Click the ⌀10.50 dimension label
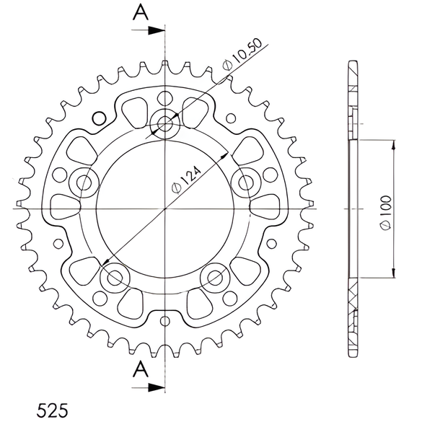tap(242, 54)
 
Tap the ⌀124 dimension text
tap(187, 180)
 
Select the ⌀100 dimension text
tap(386, 213)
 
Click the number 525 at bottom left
tap(52, 410)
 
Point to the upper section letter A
tap(141, 13)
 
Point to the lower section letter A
tap(141, 369)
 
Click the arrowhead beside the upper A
tap(156, 30)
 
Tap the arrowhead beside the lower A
tap(156, 387)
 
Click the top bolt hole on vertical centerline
tap(164, 123)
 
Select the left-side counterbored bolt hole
tap(84, 183)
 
